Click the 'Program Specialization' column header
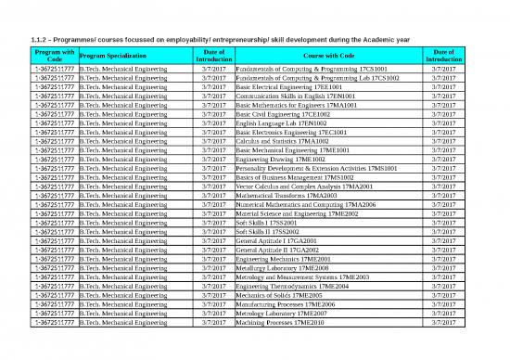click(x=123, y=57)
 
